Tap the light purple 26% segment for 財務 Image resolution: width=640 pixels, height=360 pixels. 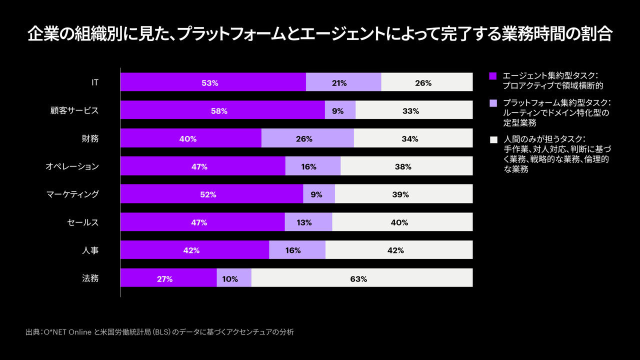pos(307,138)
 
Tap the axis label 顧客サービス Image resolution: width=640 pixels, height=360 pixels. pos(75,110)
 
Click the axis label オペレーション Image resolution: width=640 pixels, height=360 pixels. pos(72,166)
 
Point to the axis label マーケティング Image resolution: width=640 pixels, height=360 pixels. pos(72,194)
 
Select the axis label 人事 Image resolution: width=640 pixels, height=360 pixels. pos(90,250)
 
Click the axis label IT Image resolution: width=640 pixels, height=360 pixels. pos(94,82)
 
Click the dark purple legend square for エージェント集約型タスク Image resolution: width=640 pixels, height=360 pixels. pos(493,76)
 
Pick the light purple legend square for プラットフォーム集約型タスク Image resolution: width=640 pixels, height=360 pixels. pos(493,103)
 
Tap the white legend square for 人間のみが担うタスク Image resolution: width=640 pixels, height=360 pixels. pos(493,139)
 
